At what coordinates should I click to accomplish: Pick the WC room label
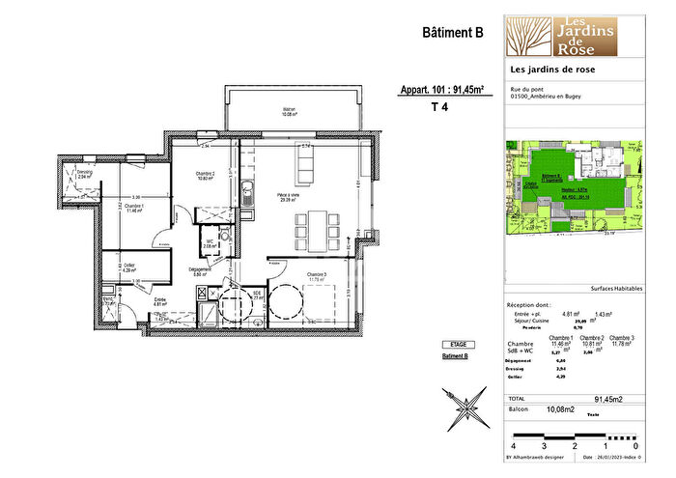pos(208,243)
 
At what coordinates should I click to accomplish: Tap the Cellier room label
pos(128,267)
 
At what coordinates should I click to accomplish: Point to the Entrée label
pos(161,301)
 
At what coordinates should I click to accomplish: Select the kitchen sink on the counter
pos(248,190)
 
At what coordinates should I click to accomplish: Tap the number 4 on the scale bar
pos(513,446)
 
